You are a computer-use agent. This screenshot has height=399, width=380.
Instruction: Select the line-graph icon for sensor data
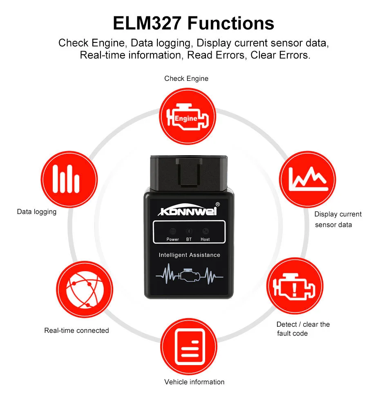tap(307, 179)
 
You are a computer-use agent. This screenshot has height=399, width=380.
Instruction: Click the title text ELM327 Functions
tap(193, 23)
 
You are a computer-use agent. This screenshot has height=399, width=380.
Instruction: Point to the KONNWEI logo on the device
tap(188, 211)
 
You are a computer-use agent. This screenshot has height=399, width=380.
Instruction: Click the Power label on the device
tap(173, 239)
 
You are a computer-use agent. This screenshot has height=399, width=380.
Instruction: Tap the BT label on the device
tap(189, 239)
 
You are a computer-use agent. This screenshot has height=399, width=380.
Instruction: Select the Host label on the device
tap(205, 239)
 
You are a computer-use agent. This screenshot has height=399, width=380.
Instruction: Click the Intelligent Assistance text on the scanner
tap(189, 255)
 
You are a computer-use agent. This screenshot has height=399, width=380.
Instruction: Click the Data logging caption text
tap(37, 212)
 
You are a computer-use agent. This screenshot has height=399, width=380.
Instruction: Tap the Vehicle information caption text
tap(194, 382)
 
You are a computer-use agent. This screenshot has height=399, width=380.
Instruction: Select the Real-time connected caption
tap(76, 330)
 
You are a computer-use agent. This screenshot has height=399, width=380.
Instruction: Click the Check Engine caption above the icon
tap(186, 78)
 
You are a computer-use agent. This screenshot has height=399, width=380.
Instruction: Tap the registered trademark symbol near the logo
tap(217, 204)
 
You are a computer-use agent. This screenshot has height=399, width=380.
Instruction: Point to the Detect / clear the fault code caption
tap(302, 329)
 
